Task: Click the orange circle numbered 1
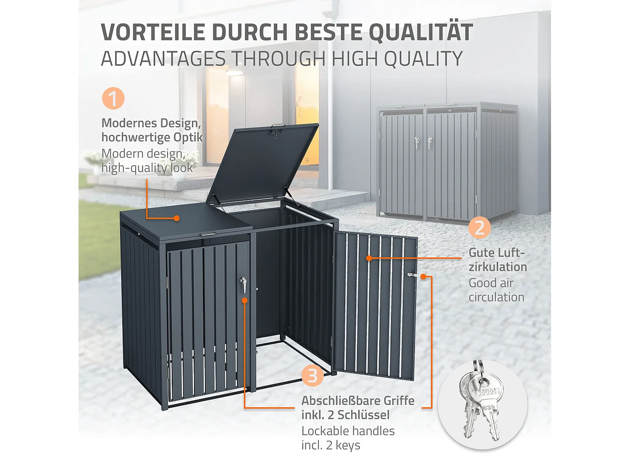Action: (x=113, y=99)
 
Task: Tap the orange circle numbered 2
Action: (x=480, y=227)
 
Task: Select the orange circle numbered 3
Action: (x=312, y=375)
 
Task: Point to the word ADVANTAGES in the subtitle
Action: (x=163, y=58)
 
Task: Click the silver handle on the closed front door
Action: (x=244, y=284)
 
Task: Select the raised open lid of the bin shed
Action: (x=262, y=164)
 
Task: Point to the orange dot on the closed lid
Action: (x=177, y=218)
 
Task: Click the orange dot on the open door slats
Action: (x=369, y=258)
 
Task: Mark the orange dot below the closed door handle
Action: (x=244, y=300)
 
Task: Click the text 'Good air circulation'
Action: (x=496, y=290)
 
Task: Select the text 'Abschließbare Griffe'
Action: (x=358, y=401)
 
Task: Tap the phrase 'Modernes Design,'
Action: (x=151, y=123)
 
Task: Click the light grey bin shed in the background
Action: (x=448, y=162)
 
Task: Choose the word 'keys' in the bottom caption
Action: (x=348, y=445)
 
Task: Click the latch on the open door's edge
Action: (x=411, y=275)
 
